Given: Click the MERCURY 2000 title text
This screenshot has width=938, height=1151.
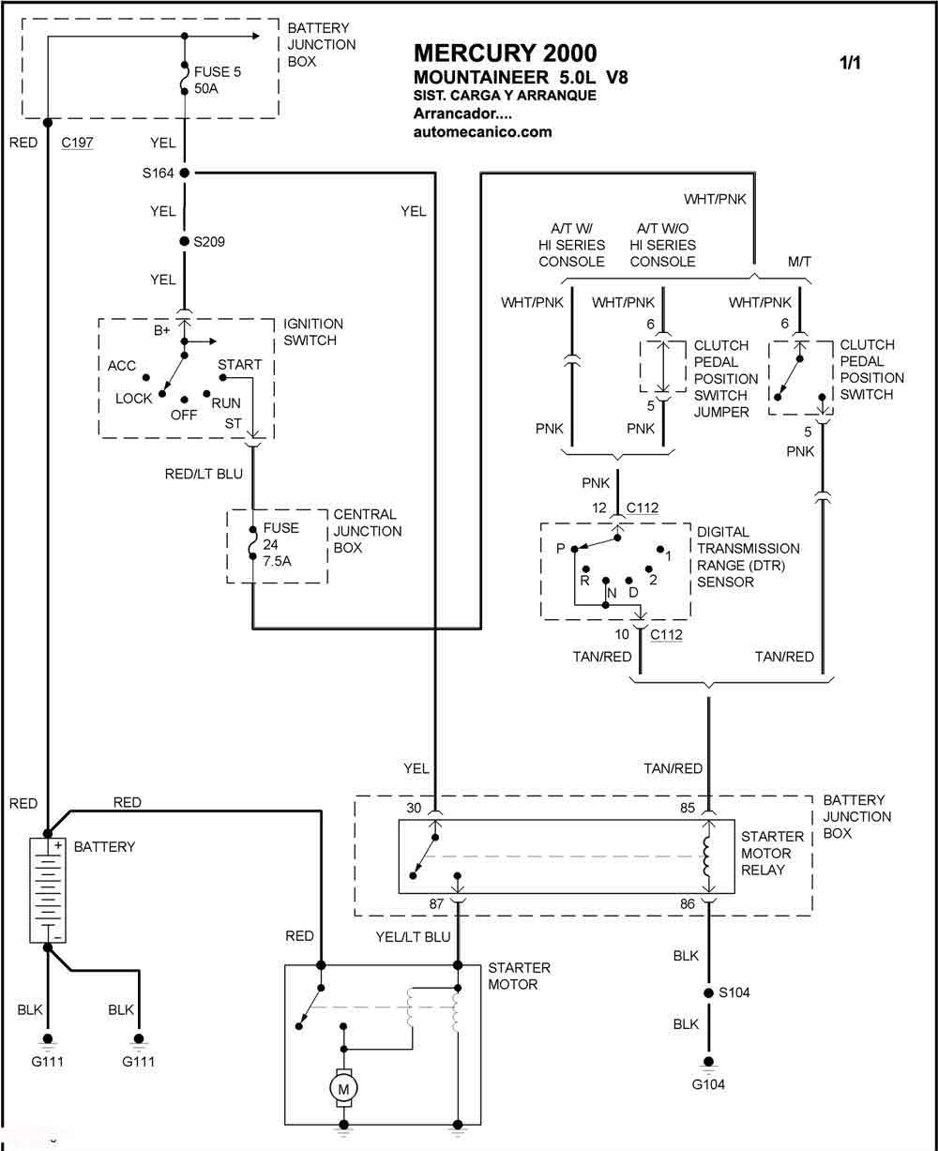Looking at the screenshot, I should tap(505, 53).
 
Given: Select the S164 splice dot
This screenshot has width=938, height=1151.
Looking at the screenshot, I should tap(185, 173).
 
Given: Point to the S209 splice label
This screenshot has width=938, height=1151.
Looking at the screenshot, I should tap(209, 242).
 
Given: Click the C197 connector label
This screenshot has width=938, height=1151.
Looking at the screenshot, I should tap(77, 144).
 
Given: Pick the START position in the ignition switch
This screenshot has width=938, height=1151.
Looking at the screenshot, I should tap(239, 365).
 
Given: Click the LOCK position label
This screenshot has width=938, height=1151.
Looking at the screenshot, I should tap(133, 399).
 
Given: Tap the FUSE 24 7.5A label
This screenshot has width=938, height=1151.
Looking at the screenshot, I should tap(280, 544).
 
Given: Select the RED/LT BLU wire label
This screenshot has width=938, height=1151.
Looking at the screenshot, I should tap(204, 474).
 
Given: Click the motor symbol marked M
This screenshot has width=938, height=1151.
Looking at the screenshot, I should tap(343, 1089).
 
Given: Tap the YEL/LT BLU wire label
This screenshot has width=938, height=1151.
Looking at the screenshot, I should tap(414, 936).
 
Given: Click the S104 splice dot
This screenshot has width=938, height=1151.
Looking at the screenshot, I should tap(709, 992).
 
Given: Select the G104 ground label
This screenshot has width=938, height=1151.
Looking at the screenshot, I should tap(709, 1084).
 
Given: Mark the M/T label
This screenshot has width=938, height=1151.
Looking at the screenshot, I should tap(799, 261).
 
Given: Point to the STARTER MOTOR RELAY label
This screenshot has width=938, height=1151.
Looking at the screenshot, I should tap(772, 853).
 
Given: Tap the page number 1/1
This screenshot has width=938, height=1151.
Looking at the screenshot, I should tap(850, 63).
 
